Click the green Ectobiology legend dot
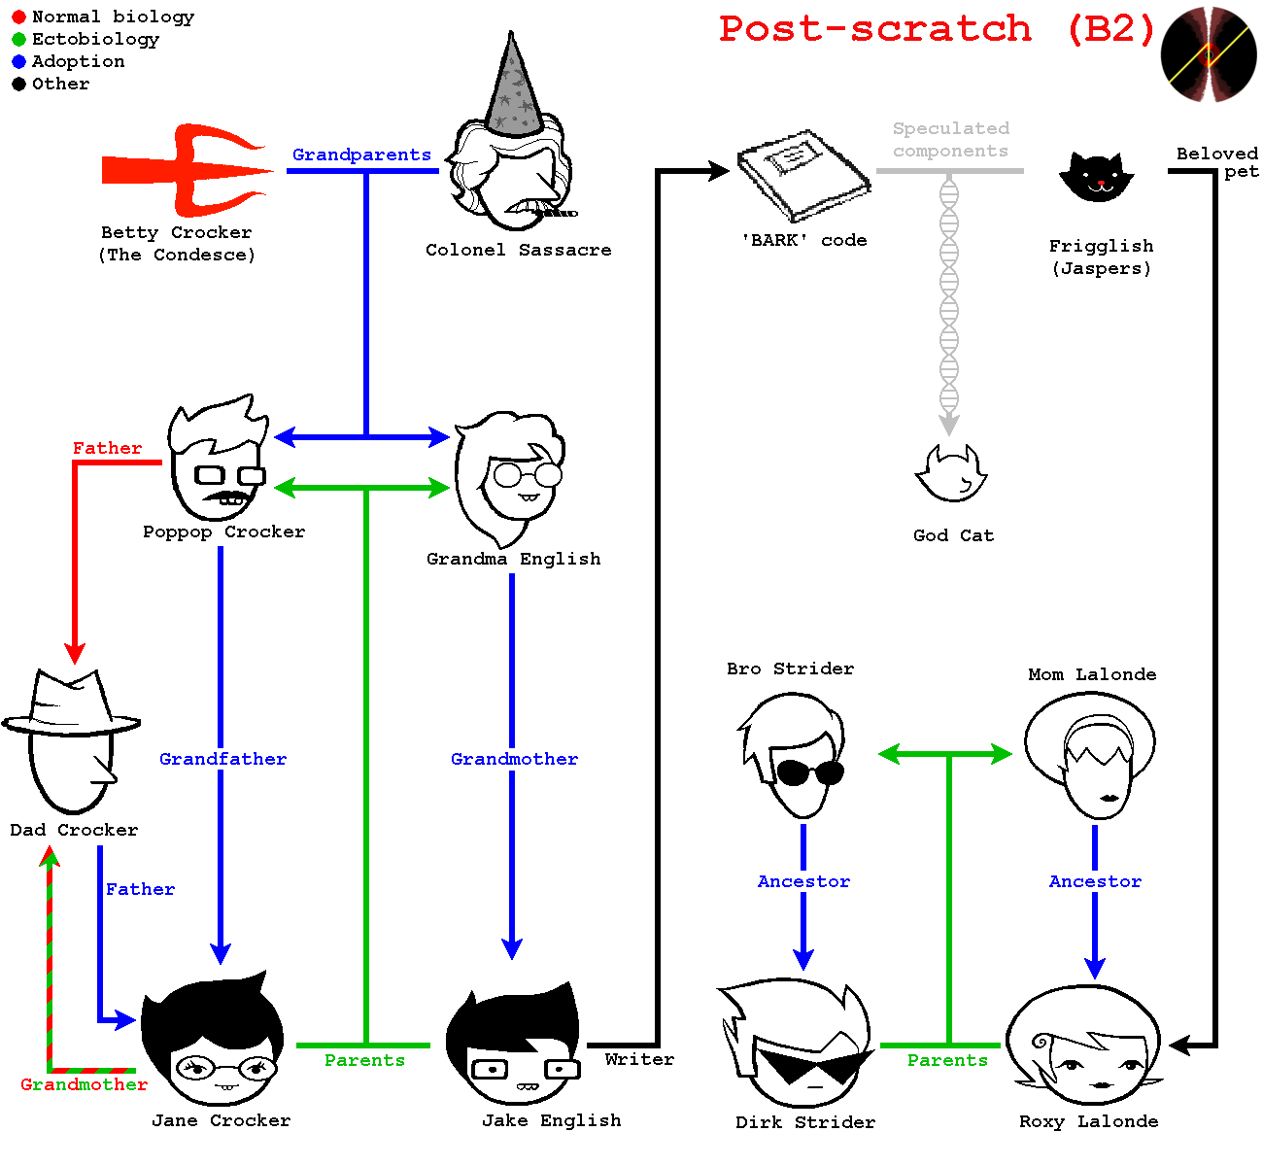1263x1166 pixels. pos(19,40)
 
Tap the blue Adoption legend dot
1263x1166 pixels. pos(19,62)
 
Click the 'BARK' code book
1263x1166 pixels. pos(803,176)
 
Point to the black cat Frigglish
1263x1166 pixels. pos(1097,176)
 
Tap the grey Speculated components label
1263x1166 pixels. pos(951,139)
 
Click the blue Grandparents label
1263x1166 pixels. pos(361,155)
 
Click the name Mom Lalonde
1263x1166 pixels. pos(1092,674)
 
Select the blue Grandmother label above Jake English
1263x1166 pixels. pos(514,759)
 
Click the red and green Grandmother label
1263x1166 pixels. pos(84,1084)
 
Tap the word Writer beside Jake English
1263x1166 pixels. pos(639,1059)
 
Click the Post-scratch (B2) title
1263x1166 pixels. pos(938,29)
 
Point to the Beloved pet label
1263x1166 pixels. pos(1217,163)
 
